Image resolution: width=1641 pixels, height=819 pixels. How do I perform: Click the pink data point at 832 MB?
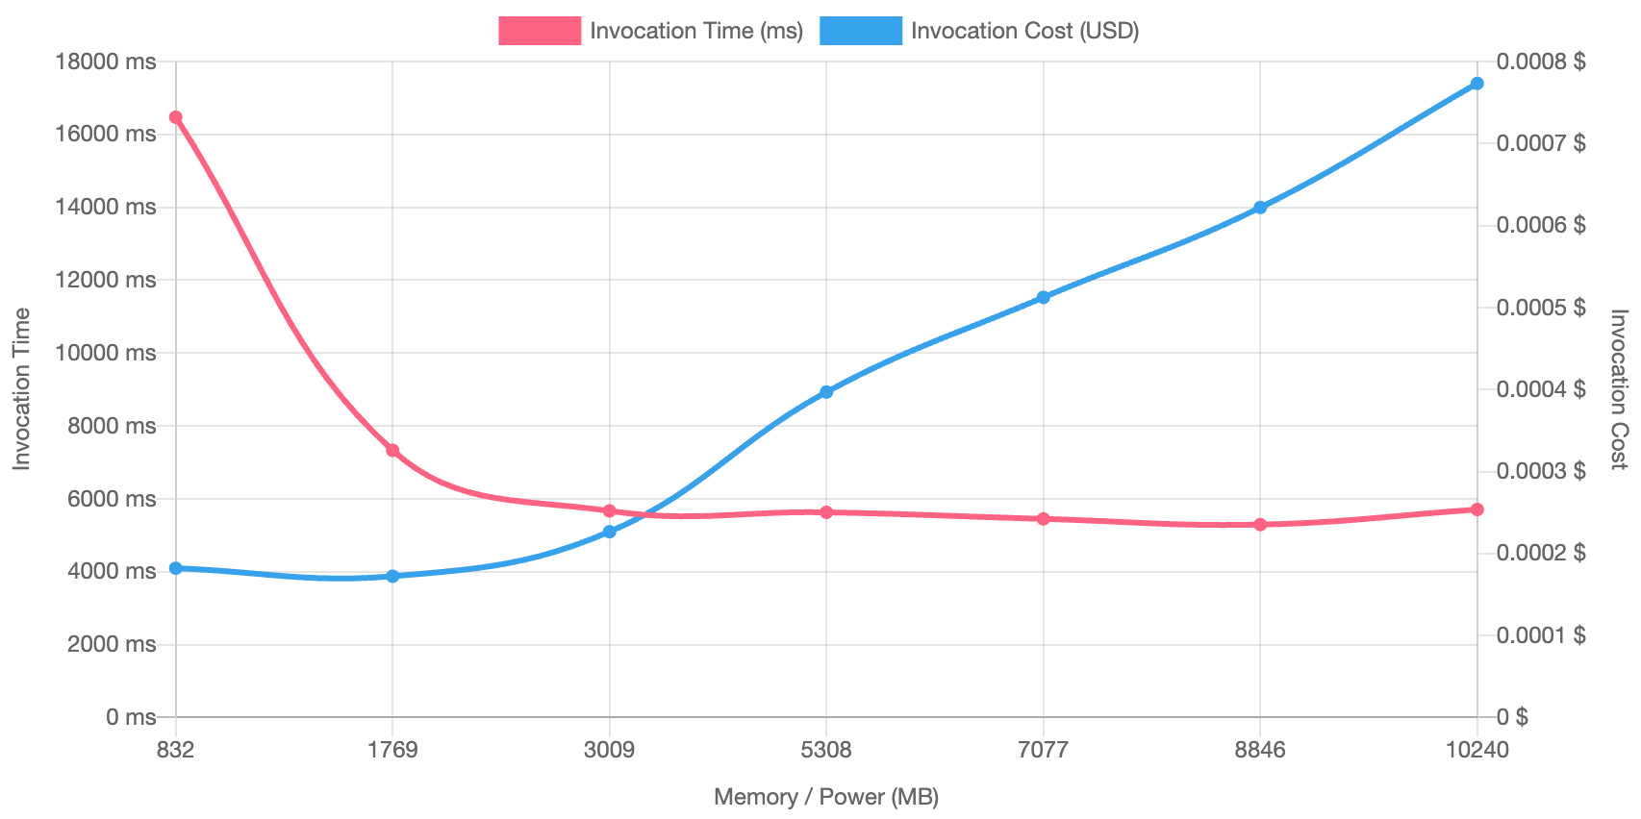(x=175, y=117)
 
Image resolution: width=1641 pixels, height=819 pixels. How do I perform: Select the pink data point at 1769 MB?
(x=392, y=451)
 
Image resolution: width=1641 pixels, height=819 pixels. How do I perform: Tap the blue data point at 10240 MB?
(x=1477, y=84)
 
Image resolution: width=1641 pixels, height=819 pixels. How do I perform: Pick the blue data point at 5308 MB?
(x=826, y=392)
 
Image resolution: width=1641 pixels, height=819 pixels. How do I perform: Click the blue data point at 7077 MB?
(x=1044, y=298)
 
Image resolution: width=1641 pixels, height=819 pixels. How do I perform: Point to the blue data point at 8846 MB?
(x=1260, y=208)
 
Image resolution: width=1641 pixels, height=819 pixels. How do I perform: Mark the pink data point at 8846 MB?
(x=1260, y=525)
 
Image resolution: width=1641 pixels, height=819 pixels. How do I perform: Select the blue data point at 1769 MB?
(x=392, y=577)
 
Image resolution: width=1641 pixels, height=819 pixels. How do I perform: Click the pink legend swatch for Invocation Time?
(x=540, y=31)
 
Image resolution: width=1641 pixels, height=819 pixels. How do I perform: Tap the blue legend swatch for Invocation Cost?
(x=861, y=31)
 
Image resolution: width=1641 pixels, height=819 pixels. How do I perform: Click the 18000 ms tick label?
(x=106, y=62)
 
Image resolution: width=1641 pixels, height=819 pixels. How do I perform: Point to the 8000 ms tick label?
(x=112, y=426)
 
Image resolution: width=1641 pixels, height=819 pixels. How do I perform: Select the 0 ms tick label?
(x=131, y=717)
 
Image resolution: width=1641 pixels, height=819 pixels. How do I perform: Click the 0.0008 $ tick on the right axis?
(x=1541, y=62)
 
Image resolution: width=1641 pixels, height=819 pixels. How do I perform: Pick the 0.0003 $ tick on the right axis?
(x=1541, y=471)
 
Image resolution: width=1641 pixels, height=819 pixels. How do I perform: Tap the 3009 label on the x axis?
(x=609, y=750)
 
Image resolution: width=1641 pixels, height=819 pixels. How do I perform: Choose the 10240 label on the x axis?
(x=1477, y=750)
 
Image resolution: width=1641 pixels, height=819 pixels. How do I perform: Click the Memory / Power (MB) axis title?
(x=826, y=797)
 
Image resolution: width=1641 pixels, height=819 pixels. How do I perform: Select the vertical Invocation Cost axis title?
(x=1619, y=388)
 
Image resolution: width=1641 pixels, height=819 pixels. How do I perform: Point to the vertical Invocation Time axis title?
(x=21, y=388)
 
